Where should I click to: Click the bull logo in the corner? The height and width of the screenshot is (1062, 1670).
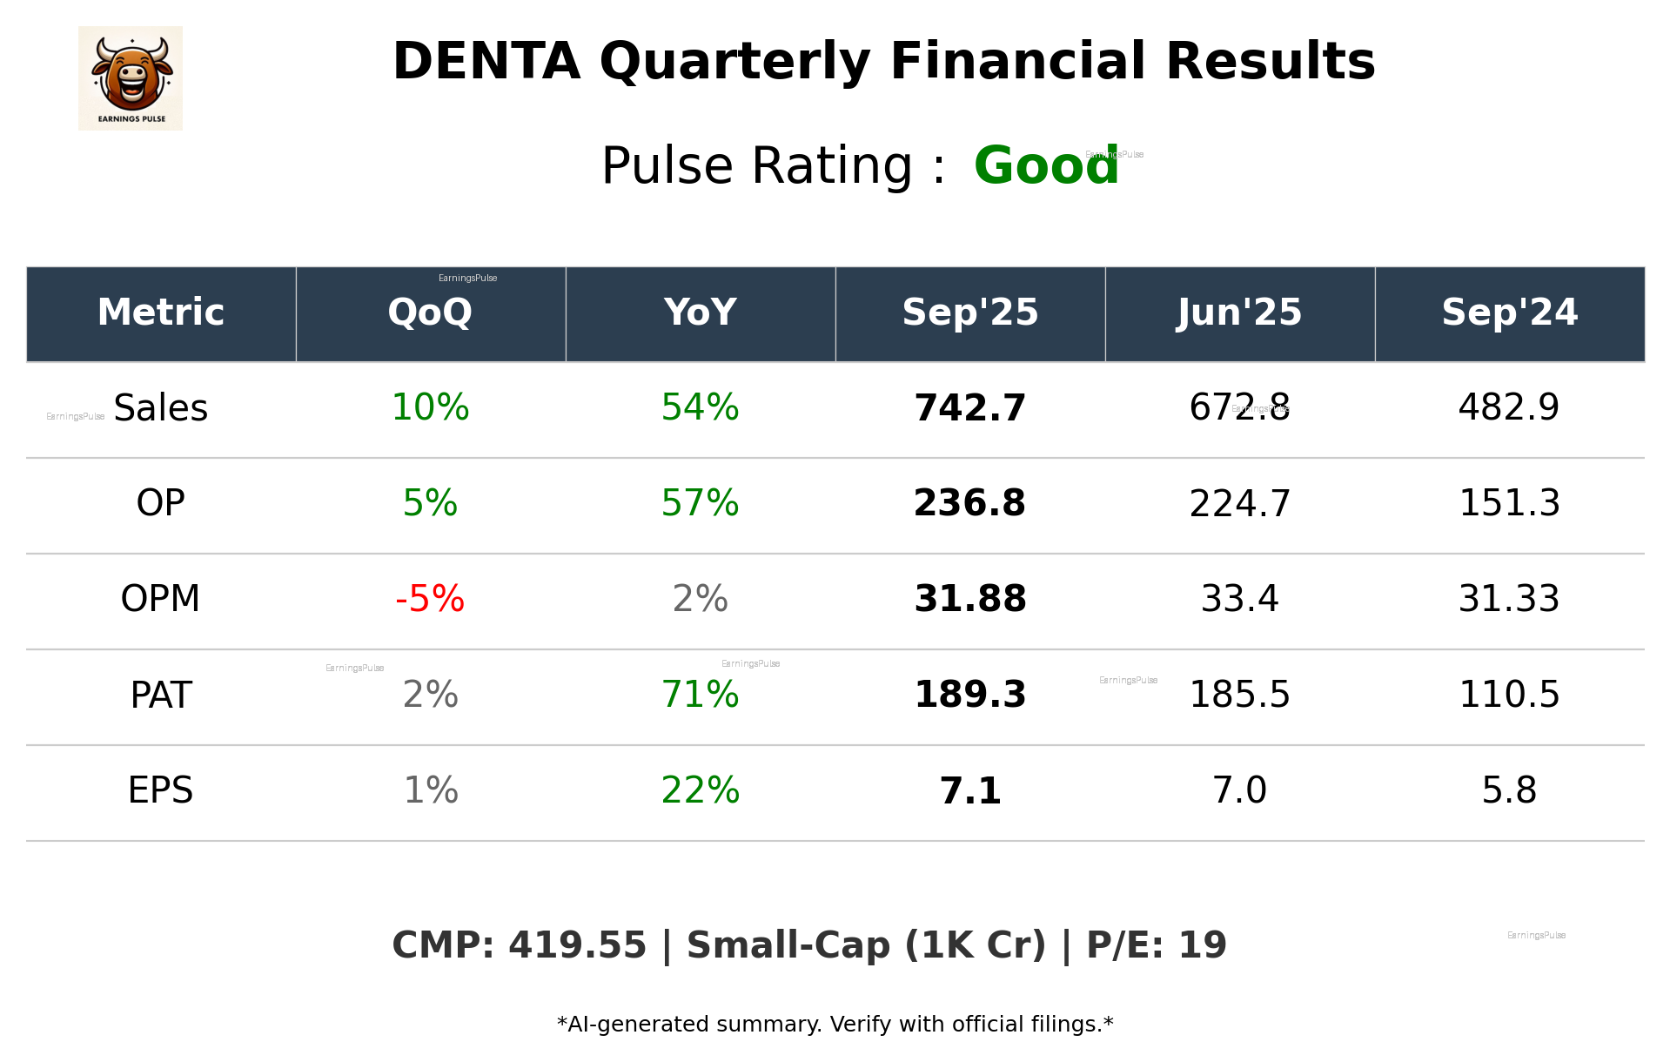[x=131, y=78]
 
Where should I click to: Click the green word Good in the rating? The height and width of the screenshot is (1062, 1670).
[x=1045, y=165]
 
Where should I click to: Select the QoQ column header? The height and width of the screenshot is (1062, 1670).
[x=430, y=313]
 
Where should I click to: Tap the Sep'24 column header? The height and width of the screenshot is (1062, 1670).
[x=1509, y=313]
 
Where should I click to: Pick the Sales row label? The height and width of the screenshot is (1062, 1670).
[x=161, y=408]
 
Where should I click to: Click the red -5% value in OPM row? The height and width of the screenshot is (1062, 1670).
[x=430, y=599]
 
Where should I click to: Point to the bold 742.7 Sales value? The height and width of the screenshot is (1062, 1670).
[x=969, y=408]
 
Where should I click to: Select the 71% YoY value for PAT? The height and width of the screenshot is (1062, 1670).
[x=700, y=695]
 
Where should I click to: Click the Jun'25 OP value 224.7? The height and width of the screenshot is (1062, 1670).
[x=1239, y=504]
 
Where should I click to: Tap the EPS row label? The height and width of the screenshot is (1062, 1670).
[x=161, y=790]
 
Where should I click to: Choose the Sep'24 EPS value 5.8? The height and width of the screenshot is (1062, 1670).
[x=1509, y=790]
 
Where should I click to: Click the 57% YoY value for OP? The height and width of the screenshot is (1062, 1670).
[x=700, y=504]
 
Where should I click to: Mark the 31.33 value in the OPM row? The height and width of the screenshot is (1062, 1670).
[x=1509, y=599]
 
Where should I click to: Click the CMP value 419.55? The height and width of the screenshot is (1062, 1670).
[x=577, y=945]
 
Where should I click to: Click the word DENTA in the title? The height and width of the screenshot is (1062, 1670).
[x=486, y=63]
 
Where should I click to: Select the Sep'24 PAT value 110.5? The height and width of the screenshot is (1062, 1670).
[x=1509, y=695]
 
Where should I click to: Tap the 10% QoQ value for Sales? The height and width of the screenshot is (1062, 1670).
[x=430, y=408]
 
